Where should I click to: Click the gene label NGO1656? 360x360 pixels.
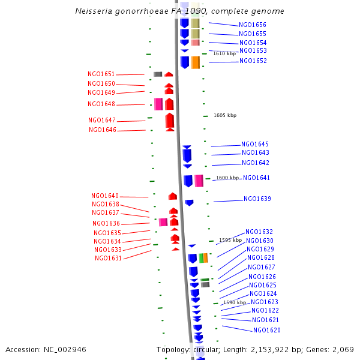coord(253,25)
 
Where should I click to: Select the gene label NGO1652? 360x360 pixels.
coord(253,61)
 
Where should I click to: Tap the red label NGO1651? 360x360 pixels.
coord(101,74)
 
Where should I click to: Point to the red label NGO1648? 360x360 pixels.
coord(101,104)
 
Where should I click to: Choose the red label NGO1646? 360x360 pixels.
coord(103,130)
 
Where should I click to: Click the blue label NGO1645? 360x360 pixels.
coord(255,145)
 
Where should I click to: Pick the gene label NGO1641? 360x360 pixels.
coord(257,178)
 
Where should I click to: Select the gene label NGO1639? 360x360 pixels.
coord(257,199)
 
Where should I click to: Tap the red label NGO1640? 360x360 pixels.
coord(105,196)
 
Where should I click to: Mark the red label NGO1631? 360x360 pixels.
coord(109,259)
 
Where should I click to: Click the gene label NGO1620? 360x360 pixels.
coord(267,331)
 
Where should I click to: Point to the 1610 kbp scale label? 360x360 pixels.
coord(225,54)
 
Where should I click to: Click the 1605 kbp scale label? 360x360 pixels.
coord(225,115)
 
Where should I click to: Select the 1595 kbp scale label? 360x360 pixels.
coord(230,240)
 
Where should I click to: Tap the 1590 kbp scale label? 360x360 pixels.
coord(235,303)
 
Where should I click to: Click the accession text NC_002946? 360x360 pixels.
coord(66,349)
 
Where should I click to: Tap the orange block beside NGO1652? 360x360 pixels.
coord(196,62)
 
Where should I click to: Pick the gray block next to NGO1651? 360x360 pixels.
coord(158,74)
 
